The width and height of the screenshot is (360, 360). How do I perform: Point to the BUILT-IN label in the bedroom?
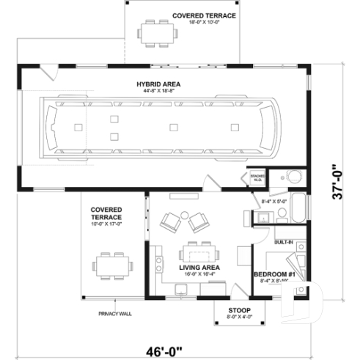[284, 242]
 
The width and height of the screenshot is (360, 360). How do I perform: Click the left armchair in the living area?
[169, 220]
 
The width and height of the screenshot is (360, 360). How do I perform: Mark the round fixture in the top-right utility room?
[293, 176]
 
